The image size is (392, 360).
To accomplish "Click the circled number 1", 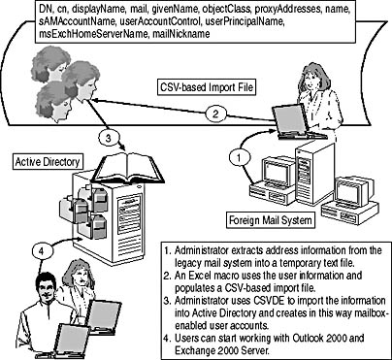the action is (x=240, y=158).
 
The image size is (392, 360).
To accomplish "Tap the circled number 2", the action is (x=216, y=114).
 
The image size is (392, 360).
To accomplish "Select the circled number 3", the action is (x=109, y=138).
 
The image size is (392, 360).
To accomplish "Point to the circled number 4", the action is (x=41, y=251).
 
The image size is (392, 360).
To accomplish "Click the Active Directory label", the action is (x=48, y=161).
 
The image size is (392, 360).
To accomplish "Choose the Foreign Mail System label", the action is (x=271, y=220).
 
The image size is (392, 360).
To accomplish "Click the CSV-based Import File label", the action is (x=207, y=87).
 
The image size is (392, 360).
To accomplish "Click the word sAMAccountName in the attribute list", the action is (x=77, y=22).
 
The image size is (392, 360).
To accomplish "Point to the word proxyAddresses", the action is (x=289, y=10).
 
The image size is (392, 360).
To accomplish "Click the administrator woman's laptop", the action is (x=294, y=122).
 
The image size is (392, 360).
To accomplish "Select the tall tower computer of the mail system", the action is (x=314, y=173).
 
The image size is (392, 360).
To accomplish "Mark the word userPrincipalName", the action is (x=245, y=22).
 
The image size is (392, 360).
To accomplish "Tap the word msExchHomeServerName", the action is (x=93, y=34).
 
